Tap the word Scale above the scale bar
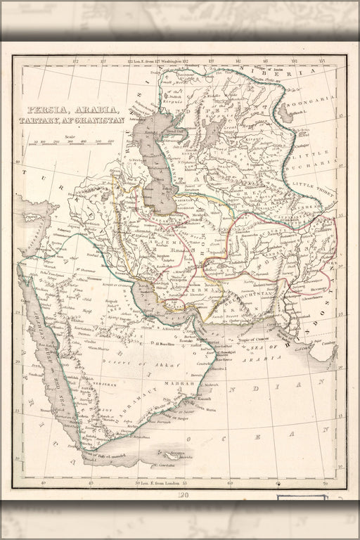pos(68,136)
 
